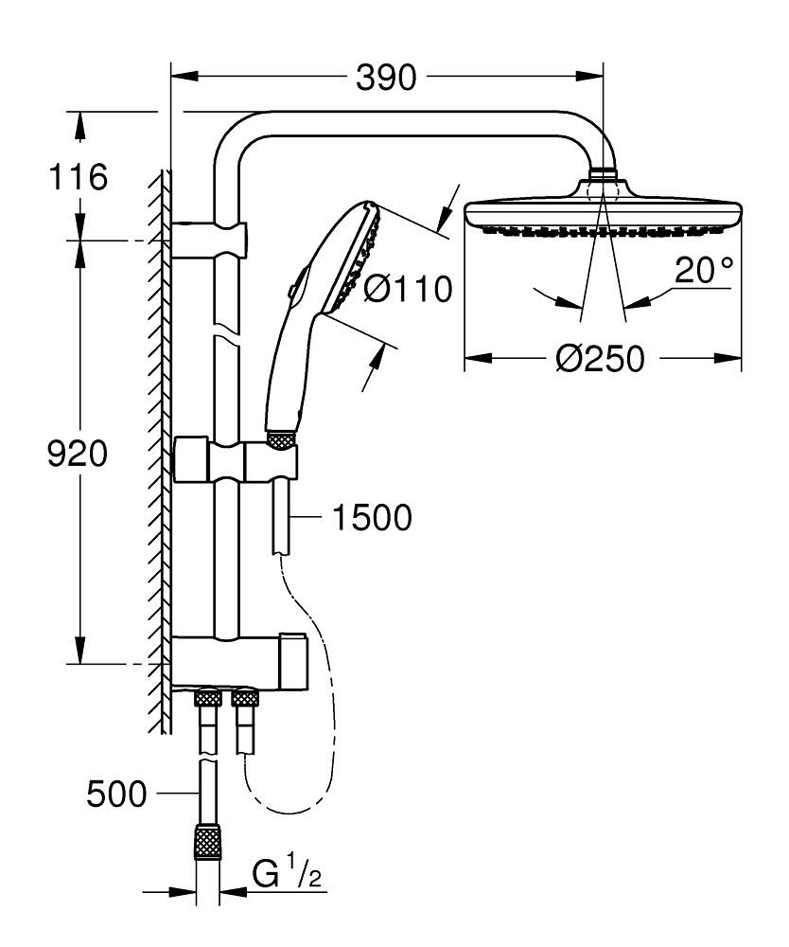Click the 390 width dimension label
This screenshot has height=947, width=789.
[x=386, y=79]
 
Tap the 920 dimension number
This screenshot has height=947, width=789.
[x=78, y=455]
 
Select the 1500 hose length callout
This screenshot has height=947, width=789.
[x=372, y=518]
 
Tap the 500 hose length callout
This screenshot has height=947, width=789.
[x=116, y=795]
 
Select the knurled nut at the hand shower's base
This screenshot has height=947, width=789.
[x=281, y=438]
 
